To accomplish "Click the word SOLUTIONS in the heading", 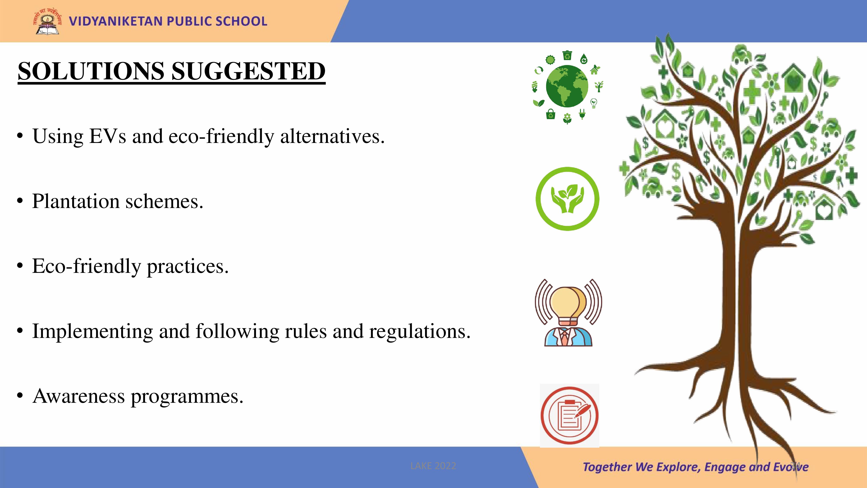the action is click(x=91, y=71).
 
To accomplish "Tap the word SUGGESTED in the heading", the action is click(x=248, y=71).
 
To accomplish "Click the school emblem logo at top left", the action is click(x=47, y=21).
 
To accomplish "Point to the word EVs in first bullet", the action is click(x=108, y=136).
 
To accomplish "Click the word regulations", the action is click(x=420, y=331).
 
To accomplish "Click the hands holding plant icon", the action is click(x=567, y=199).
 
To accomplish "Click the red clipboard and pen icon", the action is click(x=569, y=415).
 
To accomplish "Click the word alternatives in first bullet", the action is click(x=332, y=136).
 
